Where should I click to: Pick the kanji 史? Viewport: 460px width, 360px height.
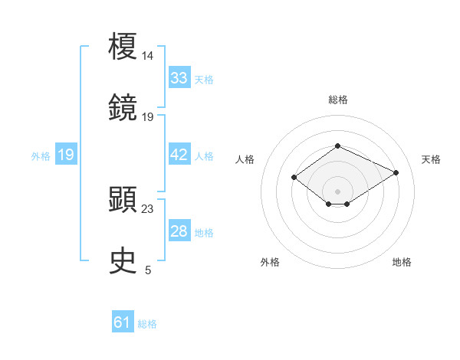[123, 261]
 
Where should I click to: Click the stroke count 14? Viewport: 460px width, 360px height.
[148, 56]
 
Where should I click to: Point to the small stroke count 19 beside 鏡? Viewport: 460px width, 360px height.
[148, 116]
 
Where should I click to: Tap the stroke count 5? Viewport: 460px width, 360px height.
[148, 270]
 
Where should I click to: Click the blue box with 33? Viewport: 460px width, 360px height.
[179, 78]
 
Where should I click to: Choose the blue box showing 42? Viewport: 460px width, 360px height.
[179, 155]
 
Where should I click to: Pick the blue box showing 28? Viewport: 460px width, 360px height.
[179, 231]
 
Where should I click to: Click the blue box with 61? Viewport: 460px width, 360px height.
[122, 322]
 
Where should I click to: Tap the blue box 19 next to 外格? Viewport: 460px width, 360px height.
[66, 155]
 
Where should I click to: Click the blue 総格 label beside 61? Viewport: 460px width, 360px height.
[147, 324]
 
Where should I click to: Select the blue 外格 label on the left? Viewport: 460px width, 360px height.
[41, 155]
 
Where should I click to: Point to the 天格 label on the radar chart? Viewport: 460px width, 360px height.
[431, 159]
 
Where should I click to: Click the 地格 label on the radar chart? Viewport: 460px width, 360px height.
[402, 262]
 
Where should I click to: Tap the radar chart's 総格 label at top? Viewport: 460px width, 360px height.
[337, 100]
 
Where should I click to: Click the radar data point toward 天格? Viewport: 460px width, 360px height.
[396, 172]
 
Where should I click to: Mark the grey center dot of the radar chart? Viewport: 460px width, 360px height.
[337, 191]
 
